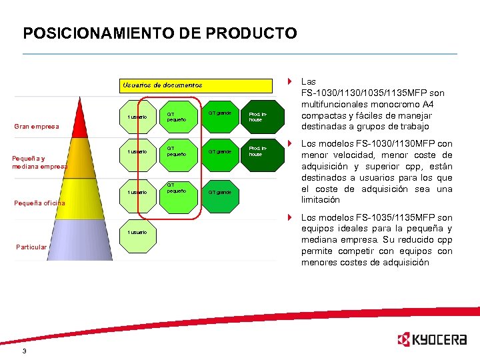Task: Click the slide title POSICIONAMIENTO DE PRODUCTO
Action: pos(160,33)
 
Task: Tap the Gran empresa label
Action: pos(37,126)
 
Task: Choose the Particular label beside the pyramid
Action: pos(32,247)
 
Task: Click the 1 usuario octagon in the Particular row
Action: pos(139,231)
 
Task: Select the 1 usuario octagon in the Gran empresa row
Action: pos(139,117)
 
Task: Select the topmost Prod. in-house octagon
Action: pos(259,117)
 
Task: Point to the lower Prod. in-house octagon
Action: pos(259,152)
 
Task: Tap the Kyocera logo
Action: pos(431,340)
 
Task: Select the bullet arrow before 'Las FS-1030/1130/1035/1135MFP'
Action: pos(290,81)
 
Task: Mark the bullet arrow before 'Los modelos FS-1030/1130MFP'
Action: pos(290,143)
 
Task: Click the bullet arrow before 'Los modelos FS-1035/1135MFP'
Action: pos(290,217)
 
